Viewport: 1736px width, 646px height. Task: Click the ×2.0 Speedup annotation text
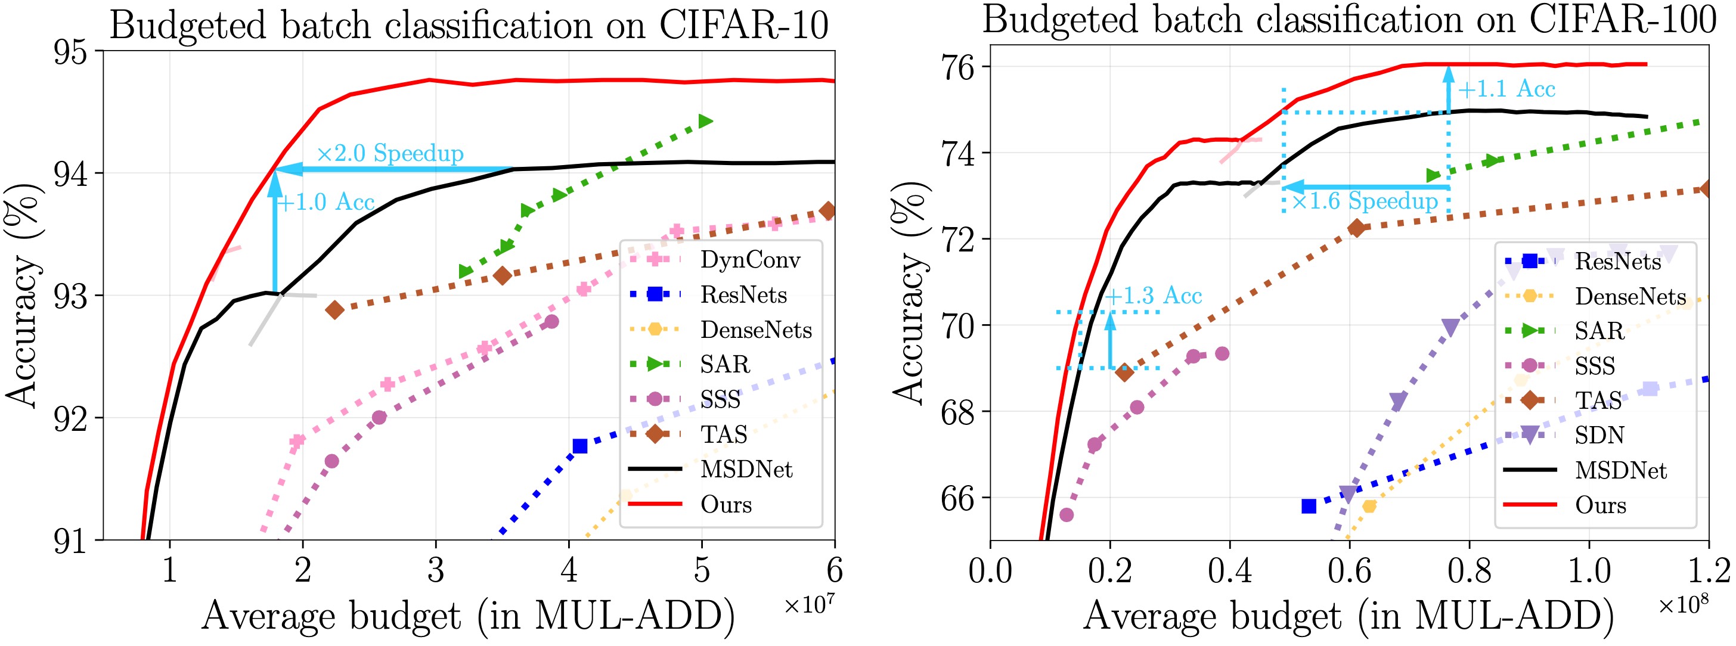(x=389, y=154)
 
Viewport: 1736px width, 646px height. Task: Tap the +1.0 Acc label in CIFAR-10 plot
(x=325, y=202)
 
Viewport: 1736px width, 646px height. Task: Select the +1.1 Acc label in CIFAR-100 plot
(x=1506, y=89)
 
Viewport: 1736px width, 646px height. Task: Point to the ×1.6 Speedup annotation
(x=1365, y=201)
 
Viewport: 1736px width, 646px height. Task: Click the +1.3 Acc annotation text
(x=1153, y=296)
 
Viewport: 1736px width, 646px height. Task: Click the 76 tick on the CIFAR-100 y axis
(x=957, y=67)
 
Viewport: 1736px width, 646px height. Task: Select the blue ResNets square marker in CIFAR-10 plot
(x=579, y=446)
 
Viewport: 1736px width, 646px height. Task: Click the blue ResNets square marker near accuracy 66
(x=1309, y=506)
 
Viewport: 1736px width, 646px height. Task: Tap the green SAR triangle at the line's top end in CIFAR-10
(x=705, y=121)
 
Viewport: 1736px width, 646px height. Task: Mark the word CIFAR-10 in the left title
(x=743, y=26)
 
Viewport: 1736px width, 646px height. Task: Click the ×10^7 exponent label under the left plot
(x=809, y=604)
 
